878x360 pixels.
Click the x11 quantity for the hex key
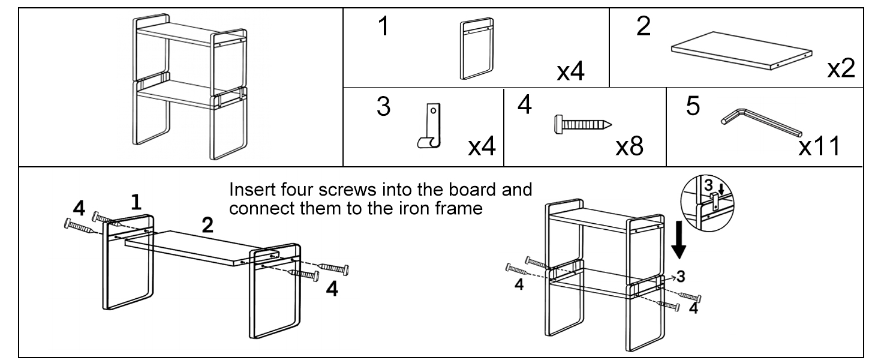(819, 146)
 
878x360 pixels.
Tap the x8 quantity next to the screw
(630, 146)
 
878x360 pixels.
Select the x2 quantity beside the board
(841, 68)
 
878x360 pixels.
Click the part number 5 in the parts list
(693, 106)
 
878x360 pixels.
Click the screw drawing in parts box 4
(583, 125)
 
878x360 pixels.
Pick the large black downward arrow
(678, 240)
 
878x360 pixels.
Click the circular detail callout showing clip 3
(707, 203)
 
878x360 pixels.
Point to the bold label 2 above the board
(208, 225)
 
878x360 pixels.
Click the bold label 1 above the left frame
(136, 202)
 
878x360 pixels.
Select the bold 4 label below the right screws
(332, 289)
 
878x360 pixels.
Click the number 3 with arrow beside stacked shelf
(677, 277)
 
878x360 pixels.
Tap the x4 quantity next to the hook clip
(482, 146)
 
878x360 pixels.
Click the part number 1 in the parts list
(384, 26)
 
